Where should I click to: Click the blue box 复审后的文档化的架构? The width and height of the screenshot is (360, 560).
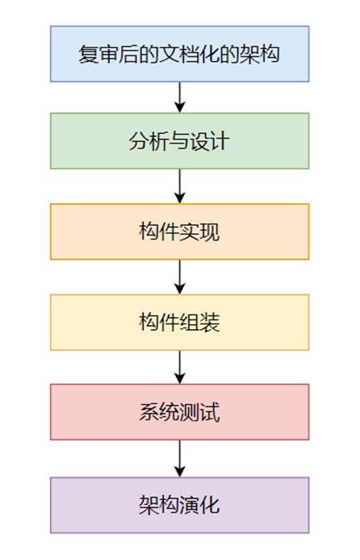[x=179, y=53]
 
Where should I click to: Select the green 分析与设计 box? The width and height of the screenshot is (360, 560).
[x=179, y=141]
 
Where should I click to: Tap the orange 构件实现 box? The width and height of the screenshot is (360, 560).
[x=179, y=232]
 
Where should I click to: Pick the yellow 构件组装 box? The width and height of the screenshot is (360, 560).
[x=179, y=323]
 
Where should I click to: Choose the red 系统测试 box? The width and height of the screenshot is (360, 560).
[x=179, y=412]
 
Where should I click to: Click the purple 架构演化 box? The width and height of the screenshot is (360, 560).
[x=179, y=505]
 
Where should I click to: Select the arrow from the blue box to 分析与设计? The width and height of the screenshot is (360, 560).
[x=180, y=97]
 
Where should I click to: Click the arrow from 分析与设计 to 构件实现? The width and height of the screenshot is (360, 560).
[x=180, y=186]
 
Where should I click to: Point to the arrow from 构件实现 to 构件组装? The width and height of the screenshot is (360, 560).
[x=180, y=277]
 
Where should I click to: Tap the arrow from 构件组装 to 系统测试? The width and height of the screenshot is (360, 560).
[x=180, y=367]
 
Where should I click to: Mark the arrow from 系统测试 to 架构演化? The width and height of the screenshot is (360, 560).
[x=180, y=458]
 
